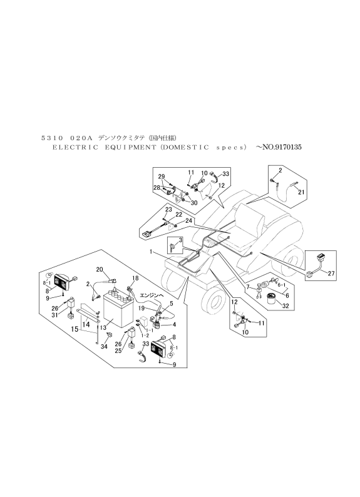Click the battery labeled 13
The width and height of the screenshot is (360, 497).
(116, 309)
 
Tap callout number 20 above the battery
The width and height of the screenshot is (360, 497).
(100, 269)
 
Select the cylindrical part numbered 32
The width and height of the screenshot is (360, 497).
(271, 296)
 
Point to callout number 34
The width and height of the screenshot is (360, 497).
(103, 346)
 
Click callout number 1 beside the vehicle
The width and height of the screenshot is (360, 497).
(151, 251)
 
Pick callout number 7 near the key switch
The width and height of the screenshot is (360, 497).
(248, 287)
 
